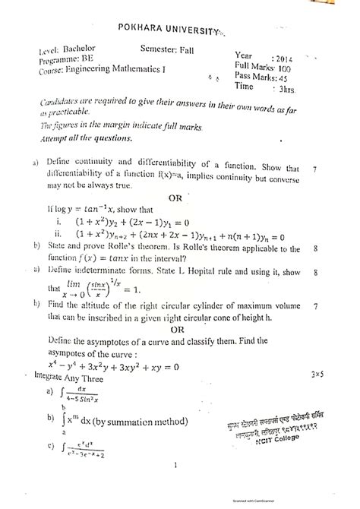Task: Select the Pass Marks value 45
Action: click(x=303, y=79)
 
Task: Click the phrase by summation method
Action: click(x=134, y=417)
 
